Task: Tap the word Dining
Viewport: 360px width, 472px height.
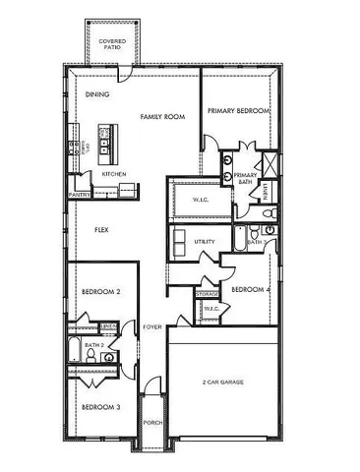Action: pos(97,95)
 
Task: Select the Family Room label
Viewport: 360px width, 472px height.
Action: pos(162,117)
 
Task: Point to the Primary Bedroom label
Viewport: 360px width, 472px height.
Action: pos(238,111)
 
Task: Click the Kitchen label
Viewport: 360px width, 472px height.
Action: pos(114,174)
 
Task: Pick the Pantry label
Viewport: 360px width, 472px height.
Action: pos(80,195)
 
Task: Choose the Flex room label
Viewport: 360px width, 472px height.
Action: pos(100,230)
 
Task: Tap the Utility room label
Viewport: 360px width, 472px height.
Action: pos(205,241)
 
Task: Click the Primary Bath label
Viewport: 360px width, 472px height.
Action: pos(246,178)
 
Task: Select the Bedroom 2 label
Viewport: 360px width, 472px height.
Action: pos(100,292)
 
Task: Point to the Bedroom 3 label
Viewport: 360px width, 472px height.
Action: pos(100,407)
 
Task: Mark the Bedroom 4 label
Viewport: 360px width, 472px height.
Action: pos(250,289)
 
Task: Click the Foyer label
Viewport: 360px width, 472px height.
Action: pos(152,327)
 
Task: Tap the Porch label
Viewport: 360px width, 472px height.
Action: pos(152,424)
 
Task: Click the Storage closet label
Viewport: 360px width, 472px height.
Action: pos(207,294)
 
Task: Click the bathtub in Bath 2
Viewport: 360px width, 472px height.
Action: pos(76,352)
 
